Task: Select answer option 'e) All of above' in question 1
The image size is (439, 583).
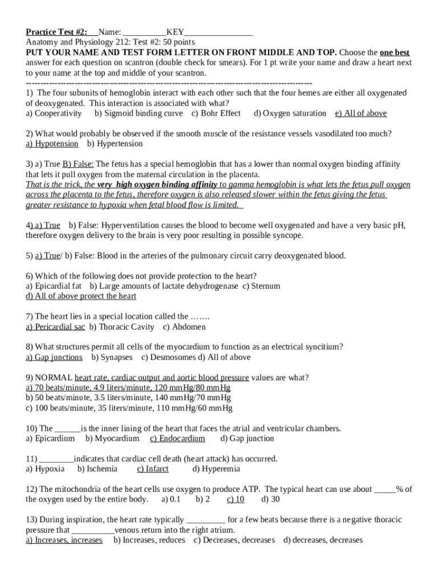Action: coord(361,113)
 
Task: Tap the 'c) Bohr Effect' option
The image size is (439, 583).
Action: coord(216,113)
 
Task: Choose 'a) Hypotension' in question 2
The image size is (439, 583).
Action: coord(52,144)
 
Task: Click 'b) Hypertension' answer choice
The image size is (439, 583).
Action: coord(115,144)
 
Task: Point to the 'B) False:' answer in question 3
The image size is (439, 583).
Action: coord(78,164)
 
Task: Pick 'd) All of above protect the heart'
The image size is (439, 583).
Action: coord(81,296)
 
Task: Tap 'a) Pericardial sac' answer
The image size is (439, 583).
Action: coord(55,327)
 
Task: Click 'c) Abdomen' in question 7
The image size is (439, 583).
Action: coord(184,327)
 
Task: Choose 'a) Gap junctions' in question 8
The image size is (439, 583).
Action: coord(54,357)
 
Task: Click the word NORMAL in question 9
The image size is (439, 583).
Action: coord(54,377)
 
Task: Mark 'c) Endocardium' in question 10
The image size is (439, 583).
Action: coord(177,438)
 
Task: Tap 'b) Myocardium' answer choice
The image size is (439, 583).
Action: coord(112,438)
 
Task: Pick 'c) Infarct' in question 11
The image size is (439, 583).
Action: coord(153,469)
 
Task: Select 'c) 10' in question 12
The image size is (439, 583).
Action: coord(235,499)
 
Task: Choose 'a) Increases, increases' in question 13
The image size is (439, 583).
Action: coord(64,540)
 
